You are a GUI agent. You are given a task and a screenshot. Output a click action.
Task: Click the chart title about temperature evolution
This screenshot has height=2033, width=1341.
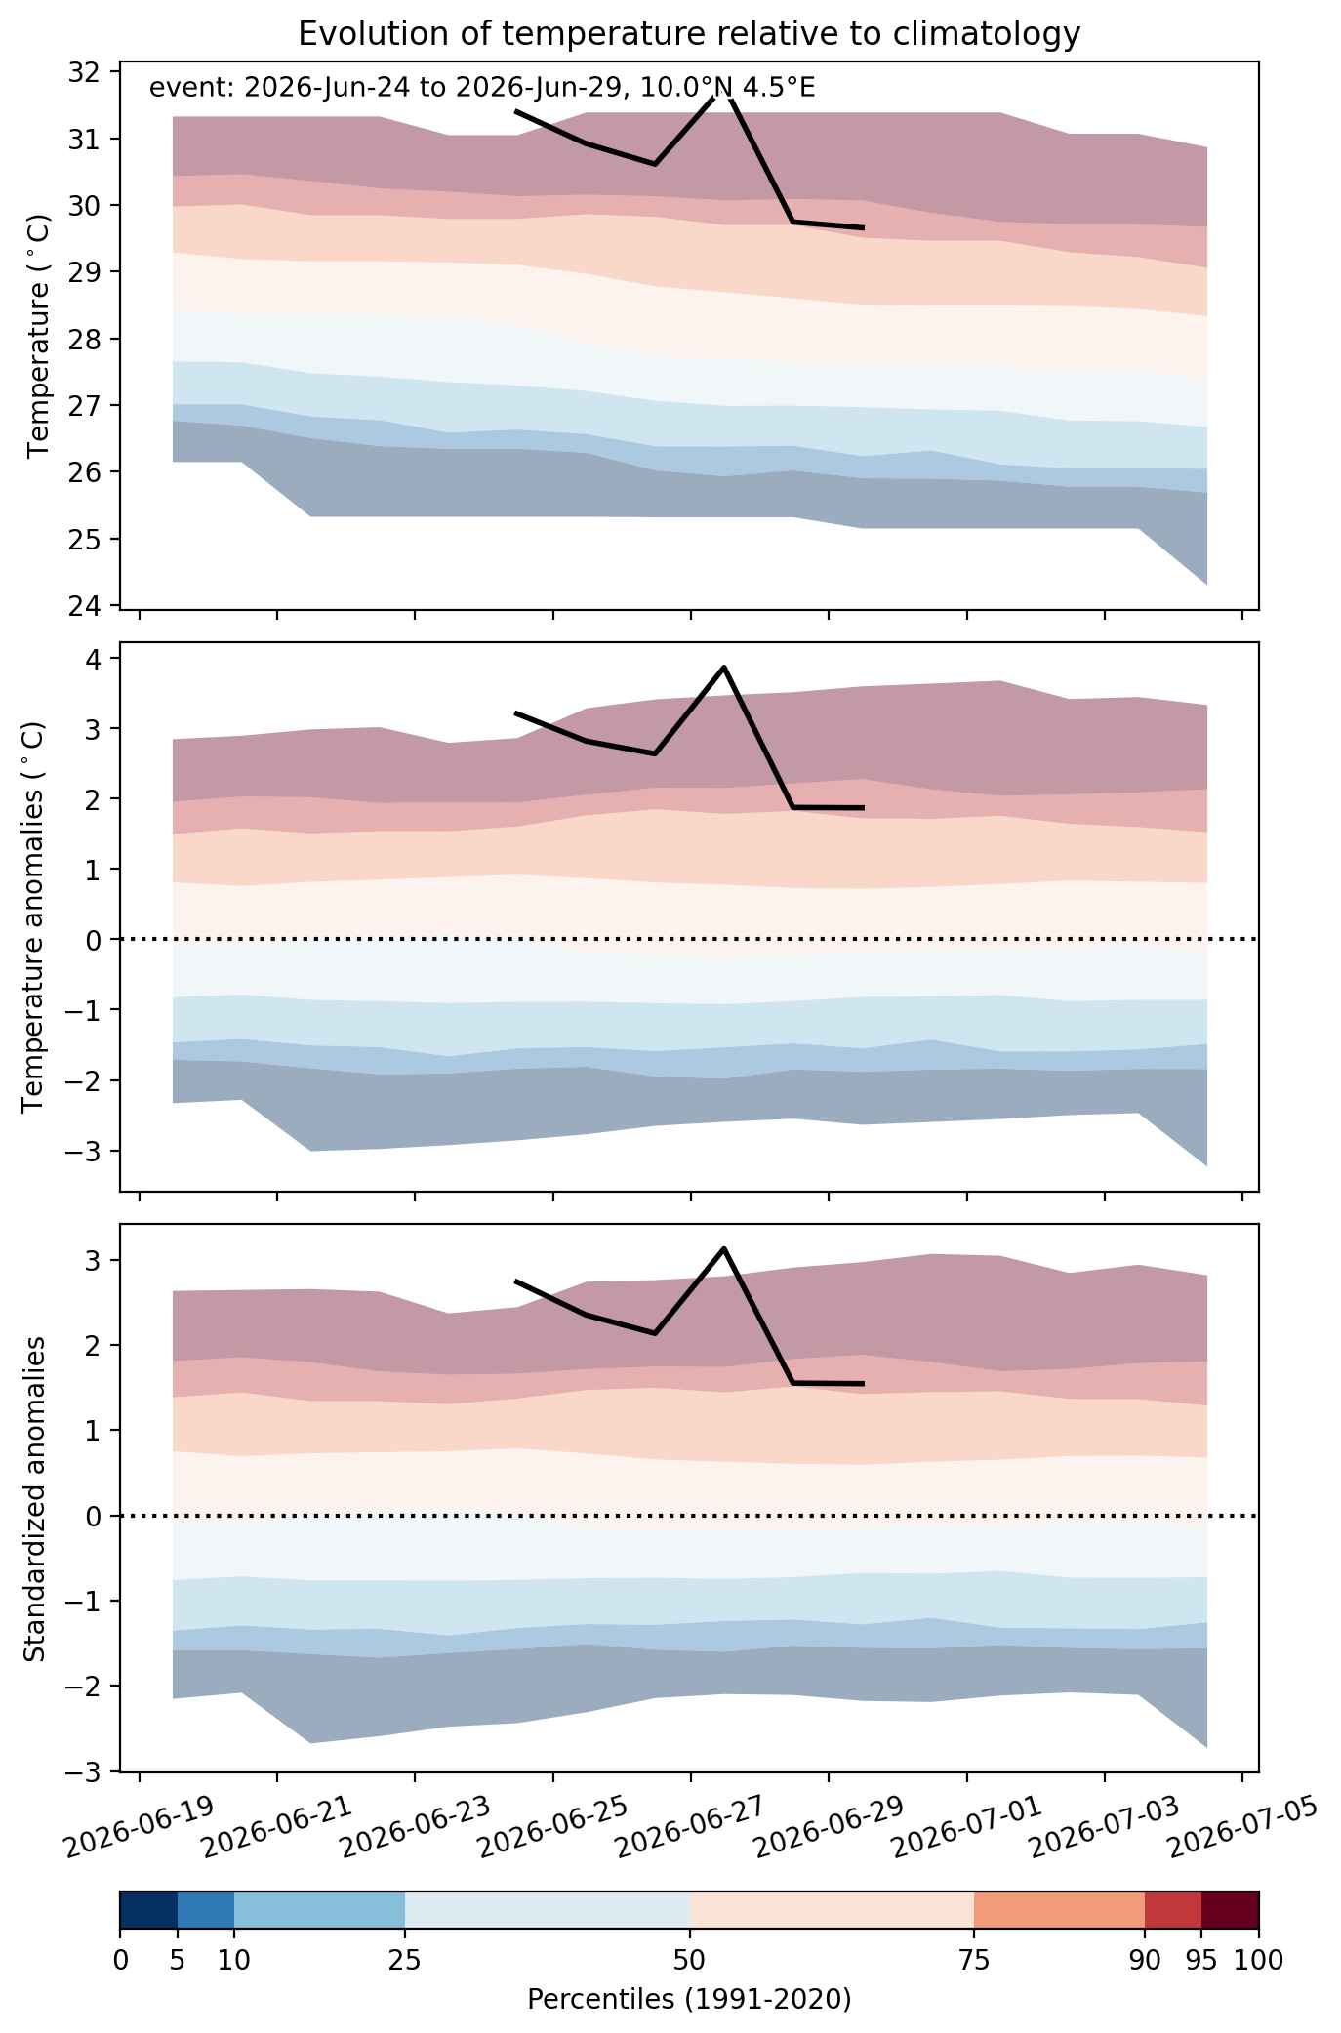click(x=689, y=33)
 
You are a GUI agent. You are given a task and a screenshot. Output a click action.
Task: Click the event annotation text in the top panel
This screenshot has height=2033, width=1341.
click(x=482, y=88)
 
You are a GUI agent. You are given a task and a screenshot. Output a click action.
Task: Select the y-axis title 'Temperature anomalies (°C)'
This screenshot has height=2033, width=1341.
click(x=35, y=916)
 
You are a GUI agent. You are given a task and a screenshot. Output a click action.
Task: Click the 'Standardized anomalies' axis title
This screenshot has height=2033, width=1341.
click(x=35, y=1498)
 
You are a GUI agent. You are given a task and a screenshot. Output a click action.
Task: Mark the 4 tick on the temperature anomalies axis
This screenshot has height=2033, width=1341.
click(x=93, y=659)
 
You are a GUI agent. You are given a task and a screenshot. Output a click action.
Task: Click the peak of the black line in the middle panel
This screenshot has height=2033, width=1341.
click(x=723, y=667)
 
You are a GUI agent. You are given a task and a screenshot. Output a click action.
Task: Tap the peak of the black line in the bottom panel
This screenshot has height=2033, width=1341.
click(x=723, y=1248)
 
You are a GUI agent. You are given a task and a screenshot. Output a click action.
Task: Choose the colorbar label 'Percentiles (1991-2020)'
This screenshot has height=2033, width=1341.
click(x=689, y=2000)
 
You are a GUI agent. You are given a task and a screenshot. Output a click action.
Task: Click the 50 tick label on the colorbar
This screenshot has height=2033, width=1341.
click(x=689, y=1960)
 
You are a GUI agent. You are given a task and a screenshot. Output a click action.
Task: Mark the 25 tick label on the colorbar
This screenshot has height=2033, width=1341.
click(x=405, y=1960)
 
